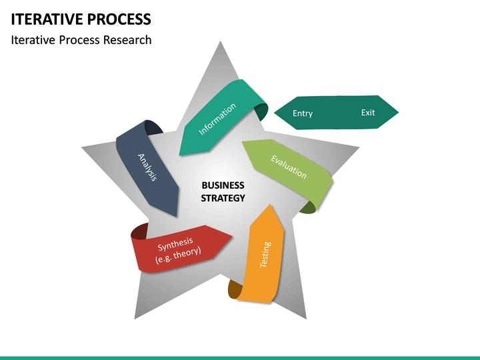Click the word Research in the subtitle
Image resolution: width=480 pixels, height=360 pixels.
click(x=127, y=40)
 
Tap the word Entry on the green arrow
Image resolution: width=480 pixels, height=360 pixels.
click(x=303, y=113)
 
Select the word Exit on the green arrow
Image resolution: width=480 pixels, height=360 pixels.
click(x=368, y=113)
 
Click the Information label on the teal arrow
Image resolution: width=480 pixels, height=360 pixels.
click(x=217, y=119)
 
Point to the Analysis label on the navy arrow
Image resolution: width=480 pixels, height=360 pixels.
click(x=147, y=167)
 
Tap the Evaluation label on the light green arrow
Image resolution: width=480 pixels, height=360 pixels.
click(x=289, y=166)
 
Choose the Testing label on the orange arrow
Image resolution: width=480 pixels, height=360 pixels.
click(x=265, y=255)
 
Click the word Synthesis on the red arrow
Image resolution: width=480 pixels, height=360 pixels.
click(x=175, y=245)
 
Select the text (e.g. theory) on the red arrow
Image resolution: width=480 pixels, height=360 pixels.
click(x=178, y=255)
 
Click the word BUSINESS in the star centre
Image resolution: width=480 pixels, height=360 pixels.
click(x=223, y=185)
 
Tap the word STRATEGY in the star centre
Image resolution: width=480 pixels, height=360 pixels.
click(x=223, y=198)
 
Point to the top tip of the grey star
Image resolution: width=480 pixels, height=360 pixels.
click(x=220, y=43)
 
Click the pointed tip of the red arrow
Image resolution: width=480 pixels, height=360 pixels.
click(x=233, y=236)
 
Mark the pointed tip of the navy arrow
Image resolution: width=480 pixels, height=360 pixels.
click(x=177, y=216)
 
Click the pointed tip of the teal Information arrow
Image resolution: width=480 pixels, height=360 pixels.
click(x=180, y=155)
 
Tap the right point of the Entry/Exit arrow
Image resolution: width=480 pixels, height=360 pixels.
click(x=398, y=112)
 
